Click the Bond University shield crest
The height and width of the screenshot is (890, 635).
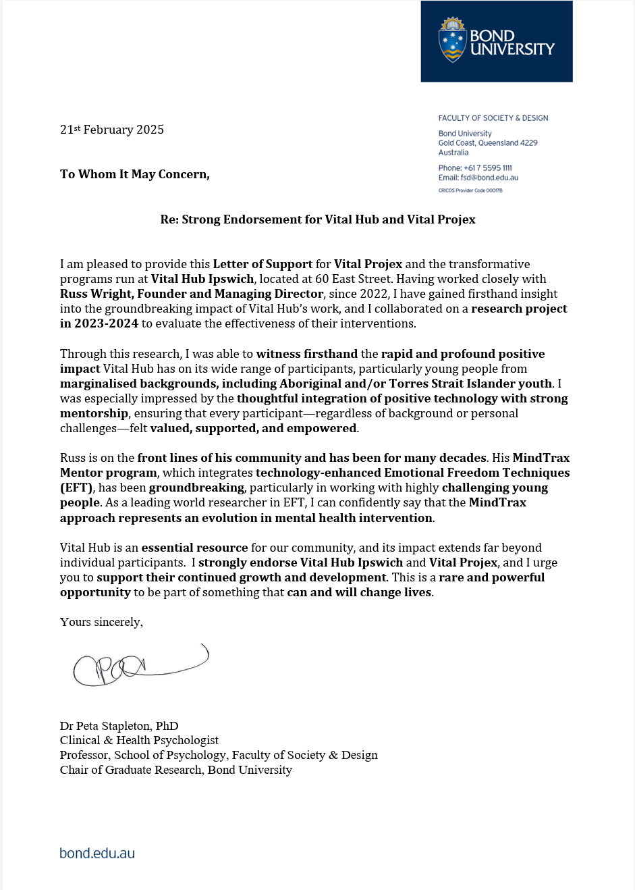pos(452,40)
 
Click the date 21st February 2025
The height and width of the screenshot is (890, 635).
pos(112,130)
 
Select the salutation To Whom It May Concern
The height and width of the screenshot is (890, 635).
pos(135,174)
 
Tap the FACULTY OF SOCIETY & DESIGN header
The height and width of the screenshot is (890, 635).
pos(493,118)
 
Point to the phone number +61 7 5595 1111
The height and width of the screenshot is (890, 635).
pos(488,168)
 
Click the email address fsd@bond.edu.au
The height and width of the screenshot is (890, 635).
pos(489,178)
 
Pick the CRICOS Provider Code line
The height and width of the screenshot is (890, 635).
pos(470,190)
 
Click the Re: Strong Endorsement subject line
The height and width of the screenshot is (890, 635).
pos(318,219)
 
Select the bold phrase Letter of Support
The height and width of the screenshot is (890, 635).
pos(263,264)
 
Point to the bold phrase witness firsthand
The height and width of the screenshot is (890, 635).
pos(307,354)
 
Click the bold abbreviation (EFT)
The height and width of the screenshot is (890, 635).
pos(76,488)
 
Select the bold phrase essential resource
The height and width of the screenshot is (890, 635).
pos(194,548)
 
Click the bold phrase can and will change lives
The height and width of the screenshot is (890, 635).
pos(359,592)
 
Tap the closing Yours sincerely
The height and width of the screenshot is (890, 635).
pos(101,622)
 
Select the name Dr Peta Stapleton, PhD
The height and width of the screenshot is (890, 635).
pos(119,726)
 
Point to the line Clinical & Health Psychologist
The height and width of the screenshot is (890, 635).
pos(139,740)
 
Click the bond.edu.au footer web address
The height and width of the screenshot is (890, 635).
pos(97,853)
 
